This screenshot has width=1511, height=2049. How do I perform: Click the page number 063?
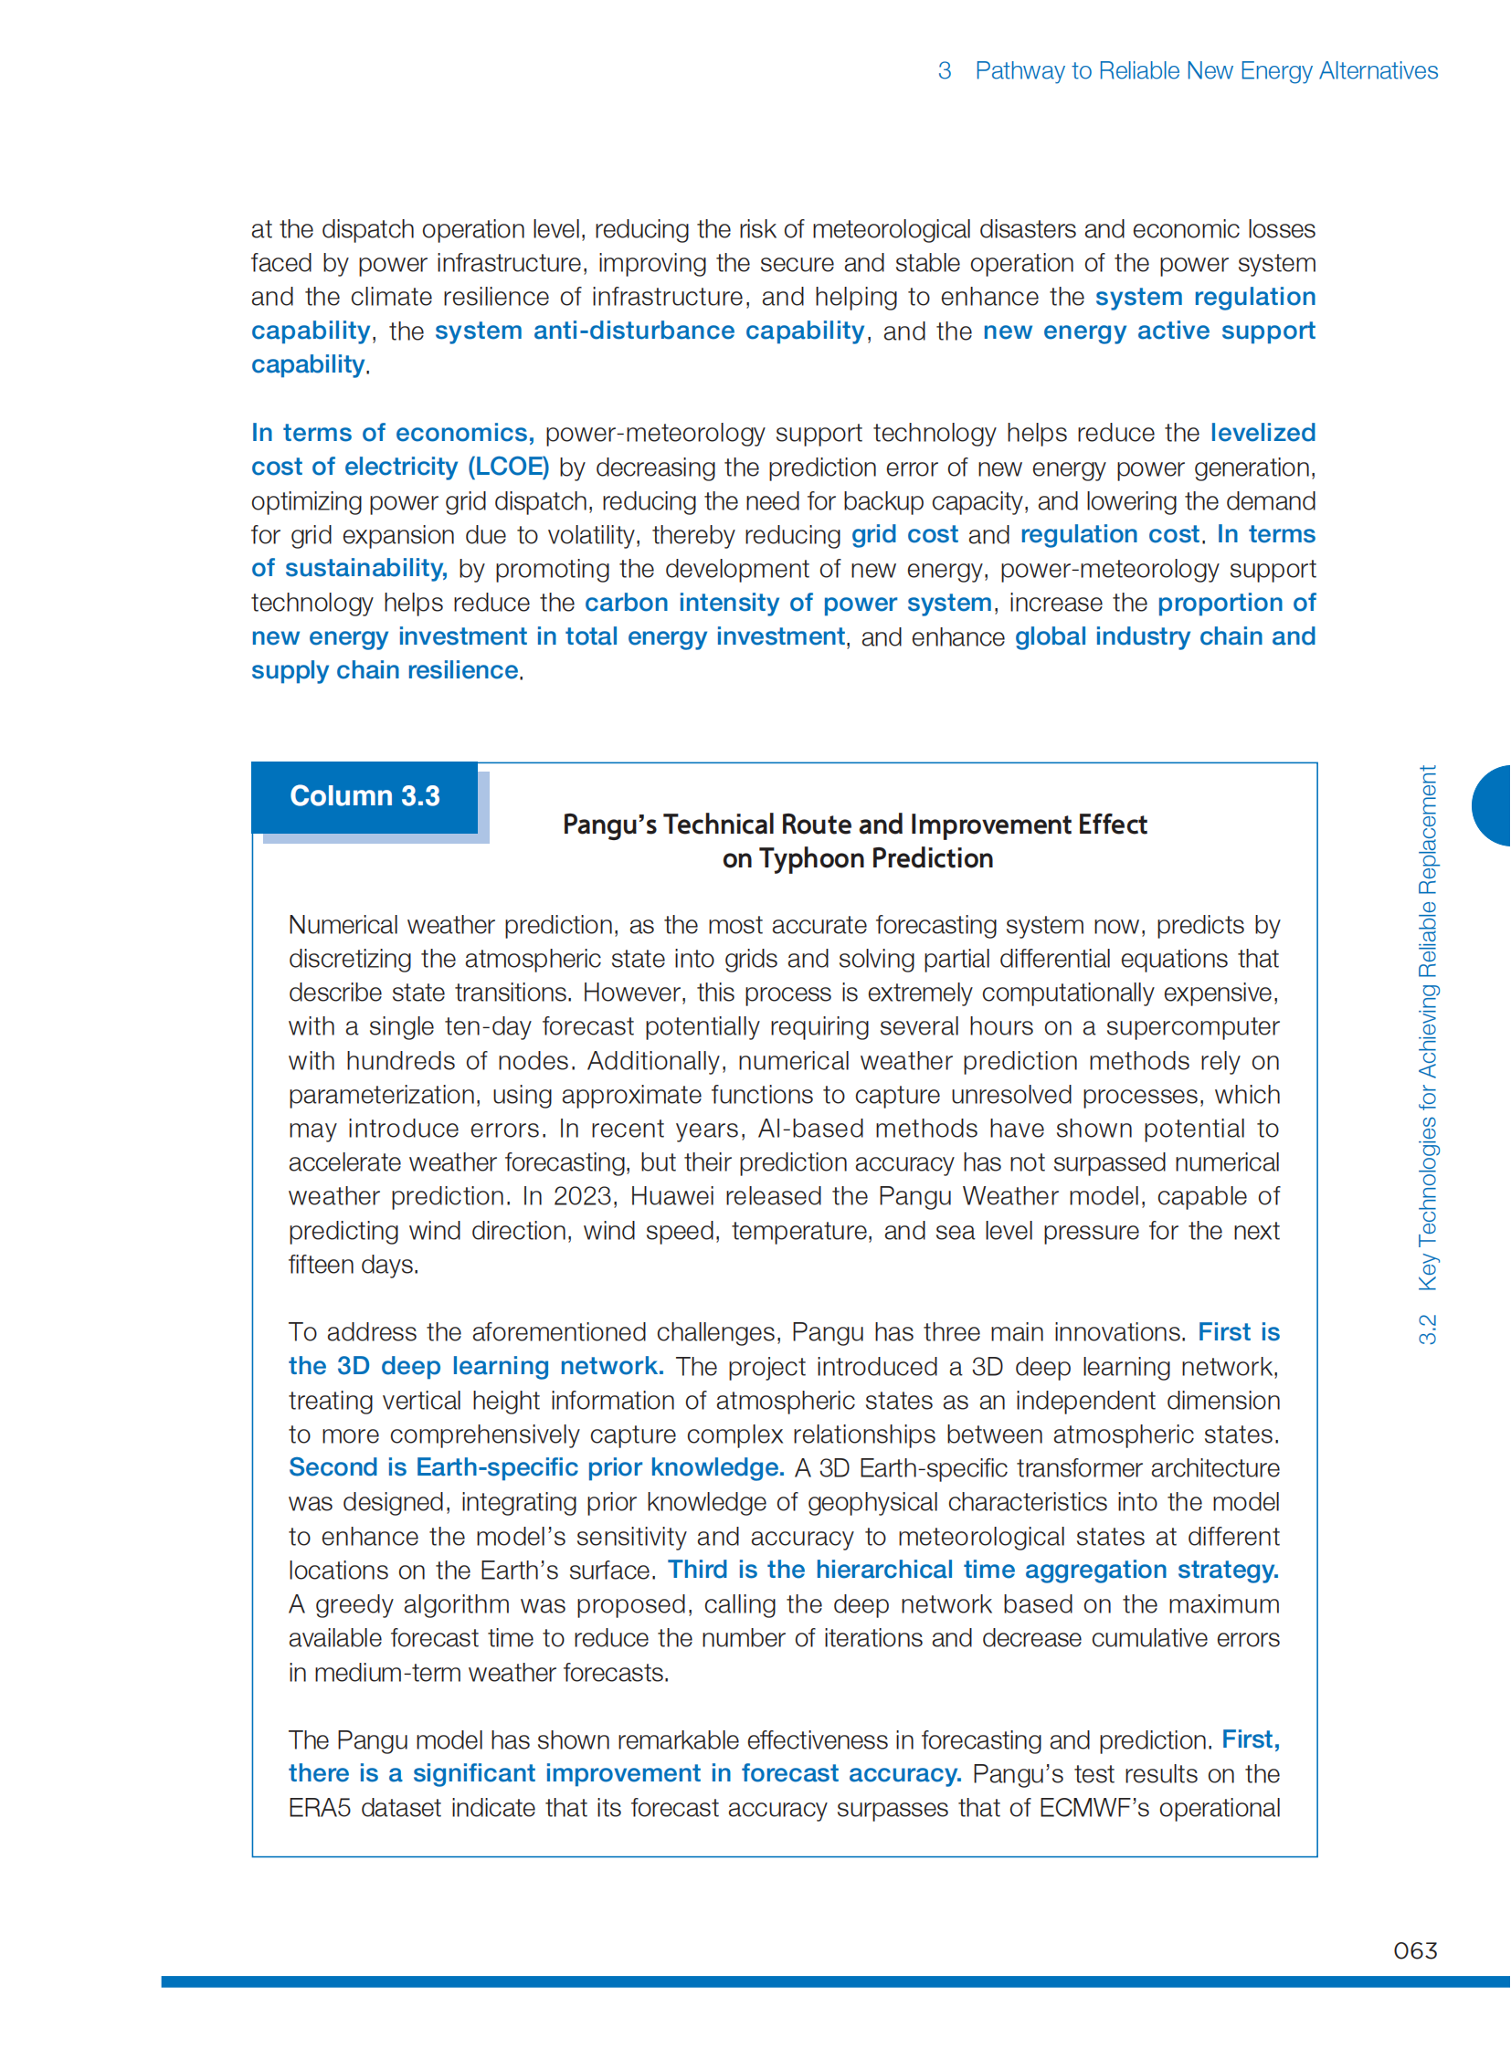1414,1950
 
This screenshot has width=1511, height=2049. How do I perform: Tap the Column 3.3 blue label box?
364,796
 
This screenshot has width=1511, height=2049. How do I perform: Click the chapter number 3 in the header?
944,70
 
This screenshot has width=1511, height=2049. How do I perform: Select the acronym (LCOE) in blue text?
509,467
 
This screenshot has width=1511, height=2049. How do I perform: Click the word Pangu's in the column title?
609,825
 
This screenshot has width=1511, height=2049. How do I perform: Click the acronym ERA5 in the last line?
319,1808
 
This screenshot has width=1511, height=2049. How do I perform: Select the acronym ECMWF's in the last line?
1094,1808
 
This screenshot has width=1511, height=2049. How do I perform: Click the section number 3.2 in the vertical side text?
1427,1329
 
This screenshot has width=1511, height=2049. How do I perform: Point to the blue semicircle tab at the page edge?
1493,805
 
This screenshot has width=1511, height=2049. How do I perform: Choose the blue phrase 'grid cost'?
903,534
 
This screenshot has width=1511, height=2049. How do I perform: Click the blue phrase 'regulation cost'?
1109,534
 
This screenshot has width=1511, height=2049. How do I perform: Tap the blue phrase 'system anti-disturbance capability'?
649,330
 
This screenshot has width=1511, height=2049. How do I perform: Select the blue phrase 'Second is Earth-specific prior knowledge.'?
536,1466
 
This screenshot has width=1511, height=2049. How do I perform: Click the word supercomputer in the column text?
1192,1026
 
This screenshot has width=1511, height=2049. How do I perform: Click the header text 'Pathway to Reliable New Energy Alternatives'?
1206,70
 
